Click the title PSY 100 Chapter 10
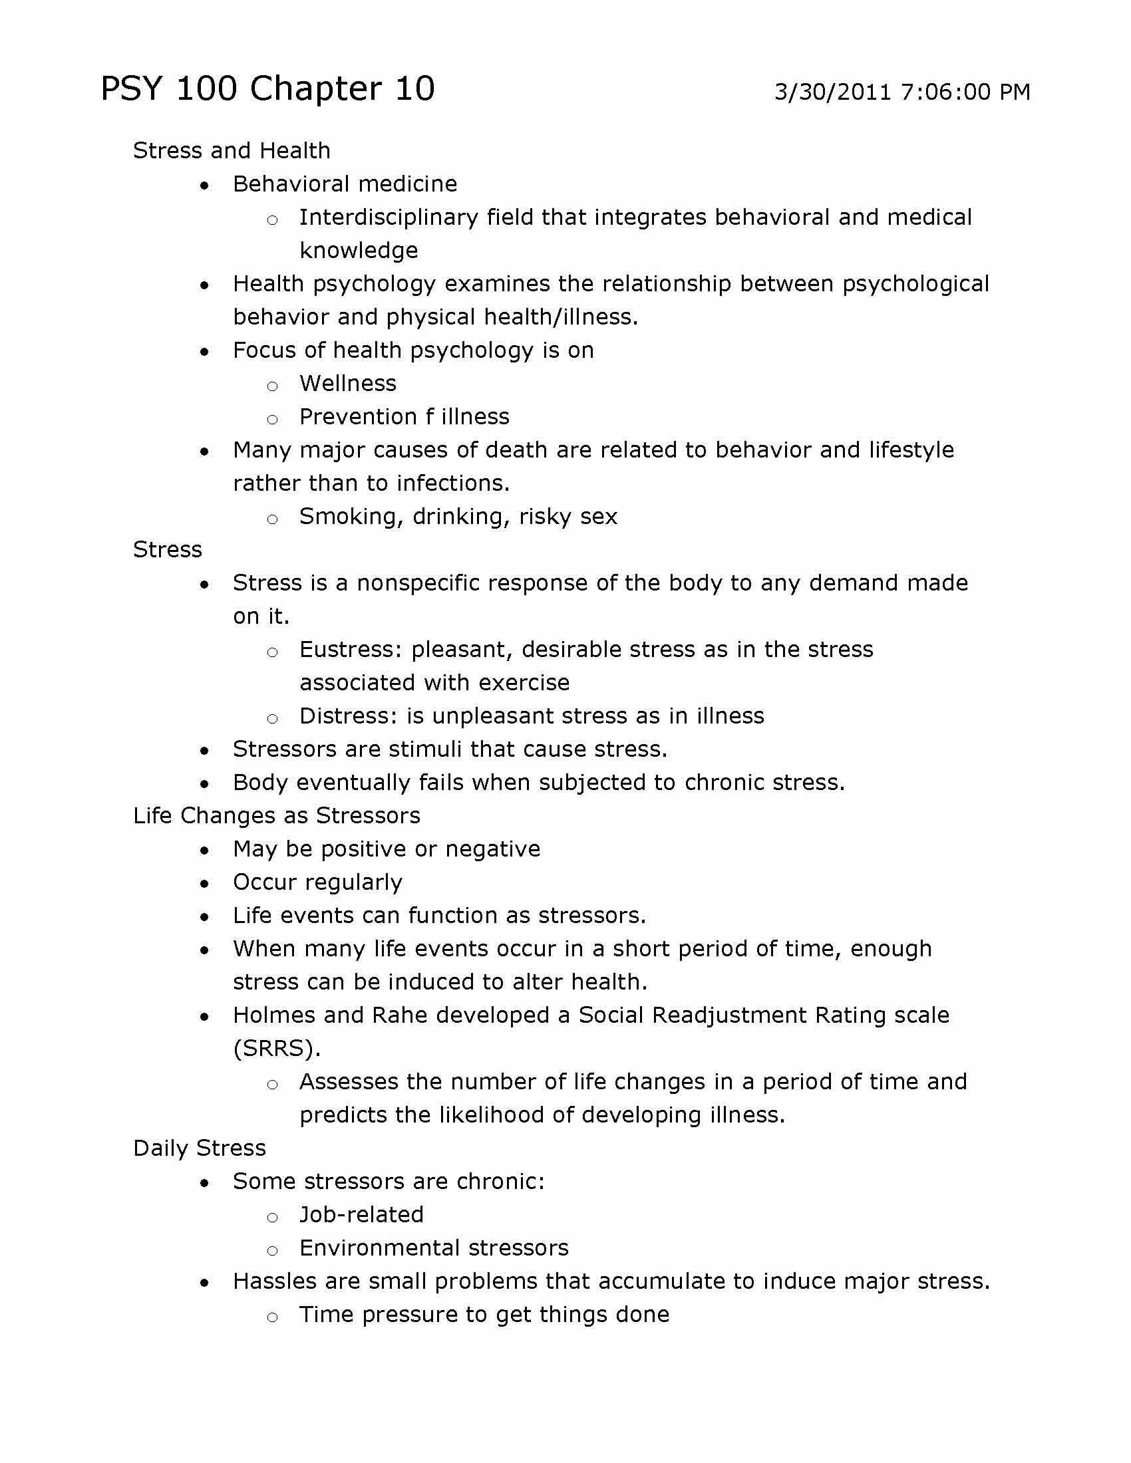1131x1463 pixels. pyautogui.click(x=267, y=88)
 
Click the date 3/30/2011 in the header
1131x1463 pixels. pyautogui.click(x=832, y=92)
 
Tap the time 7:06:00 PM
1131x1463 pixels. pyautogui.click(x=965, y=92)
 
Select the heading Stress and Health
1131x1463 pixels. pyautogui.click(x=232, y=151)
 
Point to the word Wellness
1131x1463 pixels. pyautogui.click(x=348, y=383)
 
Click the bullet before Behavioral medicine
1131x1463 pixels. pyautogui.click(x=204, y=186)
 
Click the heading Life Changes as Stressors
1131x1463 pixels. pyautogui.click(x=277, y=815)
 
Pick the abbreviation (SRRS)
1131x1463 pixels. pyautogui.click(x=277, y=1048)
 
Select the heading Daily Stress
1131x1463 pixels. pyautogui.click(x=200, y=1148)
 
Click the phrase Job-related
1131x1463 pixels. pyautogui.click(x=361, y=1214)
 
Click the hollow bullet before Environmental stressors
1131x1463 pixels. pyautogui.click(x=272, y=1250)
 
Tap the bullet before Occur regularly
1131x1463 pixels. pyautogui.click(x=204, y=884)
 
